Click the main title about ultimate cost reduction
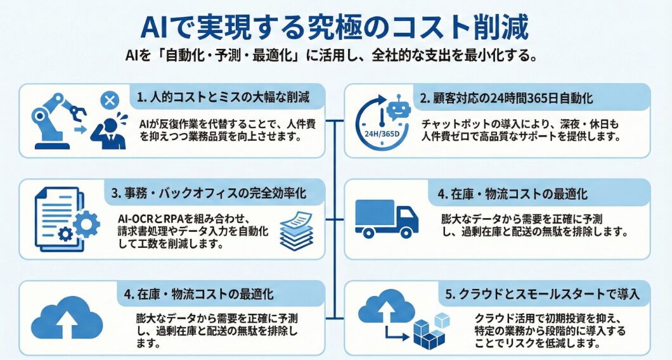335,28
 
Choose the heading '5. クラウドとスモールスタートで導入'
543,293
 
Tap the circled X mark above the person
110,100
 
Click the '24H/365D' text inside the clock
382,134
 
